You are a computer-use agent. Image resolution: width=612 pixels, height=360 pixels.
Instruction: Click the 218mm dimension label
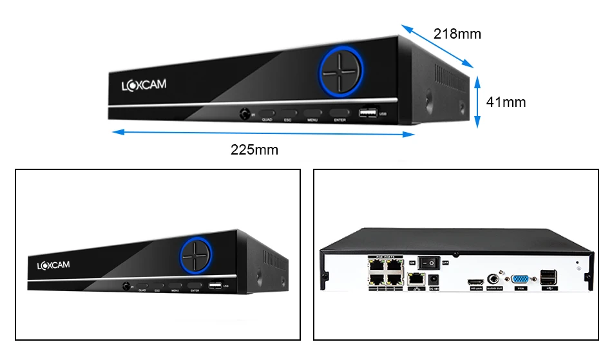coord(457,33)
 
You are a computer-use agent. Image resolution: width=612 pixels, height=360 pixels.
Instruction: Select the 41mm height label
coord(506,102)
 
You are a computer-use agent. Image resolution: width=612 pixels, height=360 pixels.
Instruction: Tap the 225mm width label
coord(254,150)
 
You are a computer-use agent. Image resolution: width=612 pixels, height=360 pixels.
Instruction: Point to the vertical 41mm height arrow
coord(477,101)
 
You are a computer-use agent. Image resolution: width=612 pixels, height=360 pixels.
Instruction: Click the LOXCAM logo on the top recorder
coord(144,84)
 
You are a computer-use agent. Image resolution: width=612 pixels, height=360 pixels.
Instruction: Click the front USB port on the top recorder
coord(368,114)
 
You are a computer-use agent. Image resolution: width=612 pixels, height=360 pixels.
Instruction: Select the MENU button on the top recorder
coord(312,113)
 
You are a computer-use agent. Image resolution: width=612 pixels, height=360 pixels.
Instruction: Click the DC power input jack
coord(433,280)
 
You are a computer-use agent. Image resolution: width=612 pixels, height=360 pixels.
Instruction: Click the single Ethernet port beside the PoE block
coord(417,279)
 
